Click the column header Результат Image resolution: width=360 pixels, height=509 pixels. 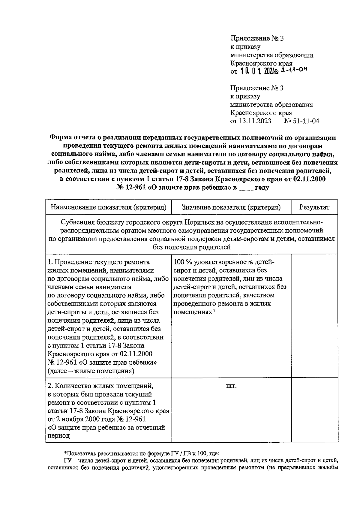coord(314,207)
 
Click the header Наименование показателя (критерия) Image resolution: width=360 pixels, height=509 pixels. coord(109,207)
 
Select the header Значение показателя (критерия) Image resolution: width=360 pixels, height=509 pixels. coord(231,207)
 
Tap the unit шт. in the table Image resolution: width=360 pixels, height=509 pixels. coord(231,386)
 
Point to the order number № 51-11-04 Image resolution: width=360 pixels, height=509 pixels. coord(301,121)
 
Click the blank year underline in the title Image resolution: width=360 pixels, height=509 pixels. coord(246,188)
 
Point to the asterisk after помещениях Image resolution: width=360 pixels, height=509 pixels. coord(214,312)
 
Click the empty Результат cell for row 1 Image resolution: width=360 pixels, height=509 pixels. coord(314,315)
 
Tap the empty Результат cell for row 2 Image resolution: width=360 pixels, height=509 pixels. coord(314,410)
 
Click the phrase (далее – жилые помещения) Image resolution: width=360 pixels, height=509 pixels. coord(91,371)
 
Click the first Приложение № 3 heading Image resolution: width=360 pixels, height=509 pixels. coord(257,38)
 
